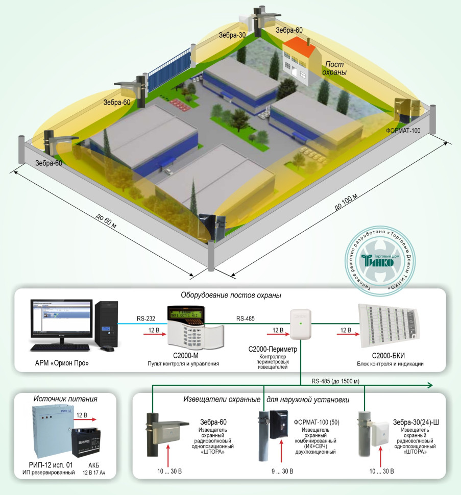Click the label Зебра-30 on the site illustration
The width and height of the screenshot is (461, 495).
[x=232, y=35]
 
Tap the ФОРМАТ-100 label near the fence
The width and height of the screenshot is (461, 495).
[x=403, y=131]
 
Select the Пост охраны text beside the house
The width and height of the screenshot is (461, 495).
[x=334, y=69]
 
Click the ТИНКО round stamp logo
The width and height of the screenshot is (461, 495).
[x=378, y=261]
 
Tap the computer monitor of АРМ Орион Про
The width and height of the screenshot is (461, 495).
[x=62, y=324]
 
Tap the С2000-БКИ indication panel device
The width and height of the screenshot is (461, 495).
[x=391, y=327]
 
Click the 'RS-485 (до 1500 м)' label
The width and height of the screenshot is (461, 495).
[x=335, y=381]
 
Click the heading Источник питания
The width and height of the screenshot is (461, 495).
[x=65, y=399]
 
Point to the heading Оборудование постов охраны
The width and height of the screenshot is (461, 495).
[x=231, y=295]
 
